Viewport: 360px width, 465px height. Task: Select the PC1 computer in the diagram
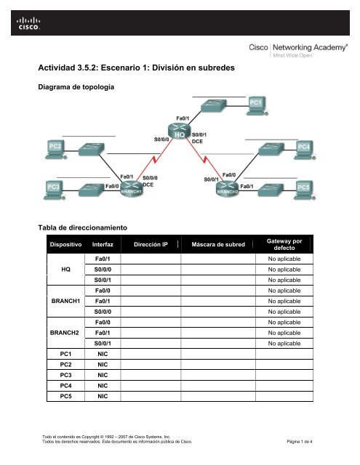click(x=257, y=106)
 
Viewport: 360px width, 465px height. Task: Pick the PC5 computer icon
click(x=306, y=188)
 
